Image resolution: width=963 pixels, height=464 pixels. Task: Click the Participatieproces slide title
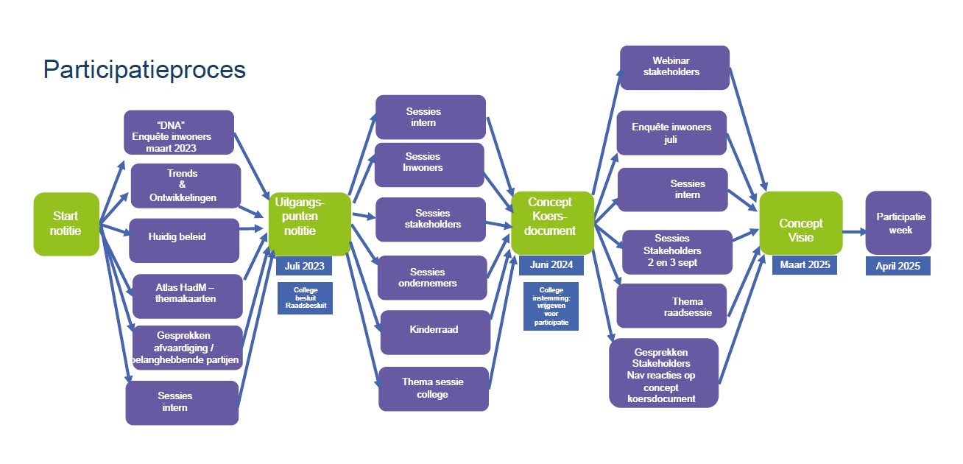click(144, 69)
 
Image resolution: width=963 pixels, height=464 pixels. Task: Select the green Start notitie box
click(66, 224)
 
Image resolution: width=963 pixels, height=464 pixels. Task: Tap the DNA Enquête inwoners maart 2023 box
click(179, 133)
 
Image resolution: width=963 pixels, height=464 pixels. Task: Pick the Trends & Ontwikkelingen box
click(185, 186)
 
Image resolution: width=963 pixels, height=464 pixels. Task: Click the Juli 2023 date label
click(305, 266)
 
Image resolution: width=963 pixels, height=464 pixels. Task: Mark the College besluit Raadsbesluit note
click(305, 298)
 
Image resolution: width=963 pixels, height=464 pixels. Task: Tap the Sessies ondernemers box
click(432, 278)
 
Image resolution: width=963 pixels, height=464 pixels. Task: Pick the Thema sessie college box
click(434, 389)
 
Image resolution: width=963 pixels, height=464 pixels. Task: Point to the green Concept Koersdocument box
click(552, 223)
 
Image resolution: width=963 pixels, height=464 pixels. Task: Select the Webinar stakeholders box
click(674, 68)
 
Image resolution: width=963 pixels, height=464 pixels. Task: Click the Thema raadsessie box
click(671, 306)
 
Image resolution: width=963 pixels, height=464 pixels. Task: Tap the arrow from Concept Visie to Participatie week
click(853, 233)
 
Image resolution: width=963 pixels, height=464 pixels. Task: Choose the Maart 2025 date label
click(804, 264)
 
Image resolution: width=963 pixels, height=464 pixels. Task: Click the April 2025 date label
click(897, 266)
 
